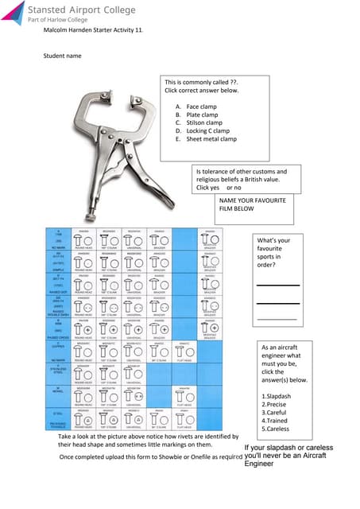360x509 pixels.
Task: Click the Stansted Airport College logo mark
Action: (14, 12)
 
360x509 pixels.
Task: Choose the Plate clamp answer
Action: (202, 115)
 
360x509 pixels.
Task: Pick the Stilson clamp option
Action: (204, 122)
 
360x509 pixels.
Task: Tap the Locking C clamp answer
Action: (207, 130)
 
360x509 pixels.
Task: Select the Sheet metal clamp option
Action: (211, 138)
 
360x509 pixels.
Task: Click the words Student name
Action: (61, 56)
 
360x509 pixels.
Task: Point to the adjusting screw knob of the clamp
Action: (94, 215)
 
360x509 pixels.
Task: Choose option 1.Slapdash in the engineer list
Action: (279, 395)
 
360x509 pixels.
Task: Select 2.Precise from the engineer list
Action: (277, 405)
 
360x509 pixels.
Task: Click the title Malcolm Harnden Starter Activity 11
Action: (93, 29)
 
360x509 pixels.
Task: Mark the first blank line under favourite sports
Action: (277, 284)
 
